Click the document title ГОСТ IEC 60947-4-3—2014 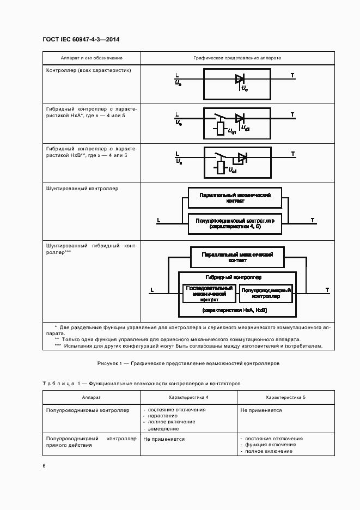pos(81,40)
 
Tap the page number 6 pos(44,465)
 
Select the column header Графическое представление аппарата pos(237,58)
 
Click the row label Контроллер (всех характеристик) pos(88,70)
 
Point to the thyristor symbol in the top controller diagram pos(240,78)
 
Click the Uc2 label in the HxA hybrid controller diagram pos(246,129)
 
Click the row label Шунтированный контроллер pos(82,189)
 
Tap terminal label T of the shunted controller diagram pos(313,220)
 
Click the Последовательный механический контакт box pos(209,293)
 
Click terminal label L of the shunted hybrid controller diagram pos(152,290)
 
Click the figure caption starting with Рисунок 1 pos(188,363)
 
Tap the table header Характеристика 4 pos(188,398)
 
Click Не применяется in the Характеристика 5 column pos(261,410)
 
